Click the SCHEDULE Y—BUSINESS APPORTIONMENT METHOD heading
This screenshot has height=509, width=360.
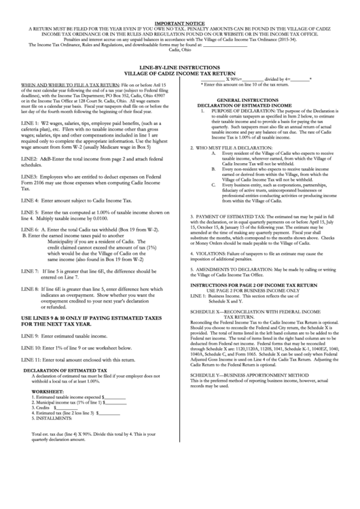click(254, 374)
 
